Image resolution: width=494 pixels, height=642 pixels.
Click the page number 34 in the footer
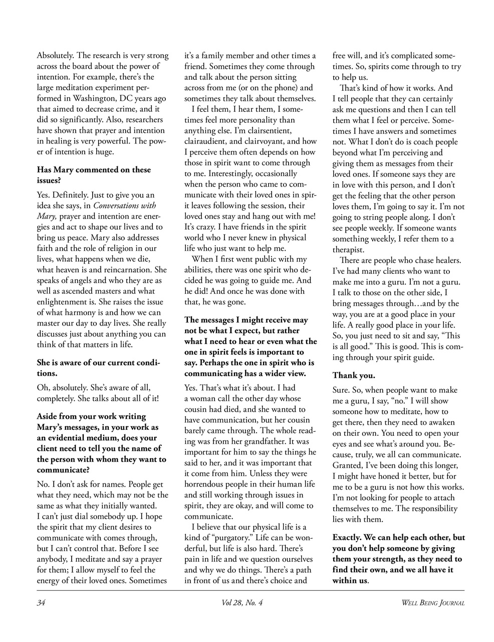click(41, 603)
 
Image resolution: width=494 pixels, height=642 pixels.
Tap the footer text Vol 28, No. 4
click(241, 603)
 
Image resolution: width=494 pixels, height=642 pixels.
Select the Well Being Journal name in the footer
click(433, 603)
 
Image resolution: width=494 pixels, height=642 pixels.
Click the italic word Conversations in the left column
click(125, 205)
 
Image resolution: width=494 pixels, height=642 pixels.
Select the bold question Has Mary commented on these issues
click(94, 175)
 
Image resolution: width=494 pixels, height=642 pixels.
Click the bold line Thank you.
click(354, 375)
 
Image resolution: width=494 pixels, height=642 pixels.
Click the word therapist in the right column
click(348, 249)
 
